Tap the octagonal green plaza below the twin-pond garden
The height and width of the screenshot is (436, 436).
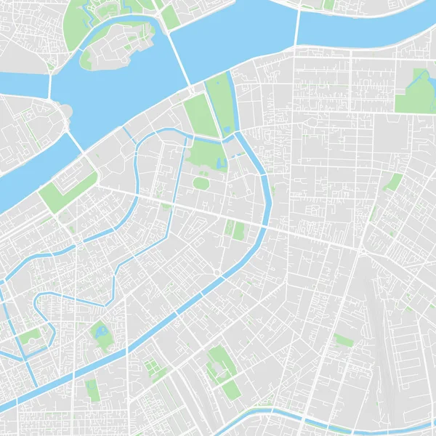[x=201, y=182]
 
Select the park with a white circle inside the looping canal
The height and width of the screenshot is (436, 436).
[x=31, y=339]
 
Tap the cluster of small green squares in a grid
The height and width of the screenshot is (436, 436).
[x=155, y=369]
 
